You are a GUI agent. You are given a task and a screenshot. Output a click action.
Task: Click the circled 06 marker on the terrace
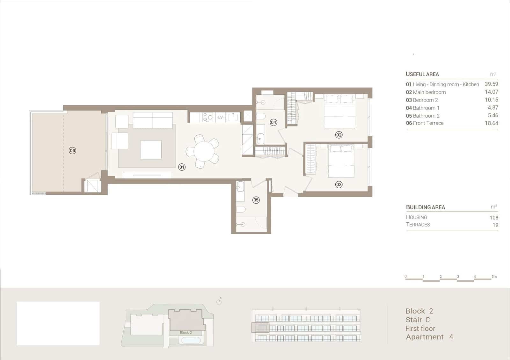click(72, 150)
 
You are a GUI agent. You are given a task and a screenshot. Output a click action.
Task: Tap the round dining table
click(204, 152)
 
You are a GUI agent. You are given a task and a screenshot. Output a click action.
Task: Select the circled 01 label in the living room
click(182, 167)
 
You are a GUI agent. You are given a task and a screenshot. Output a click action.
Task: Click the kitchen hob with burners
click(208, 117)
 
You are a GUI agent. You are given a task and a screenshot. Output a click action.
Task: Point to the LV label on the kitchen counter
click(220, 117)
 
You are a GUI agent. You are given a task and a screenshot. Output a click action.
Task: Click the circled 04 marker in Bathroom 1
click(273, 122)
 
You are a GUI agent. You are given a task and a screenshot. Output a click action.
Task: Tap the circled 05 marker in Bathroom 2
click(256, 200)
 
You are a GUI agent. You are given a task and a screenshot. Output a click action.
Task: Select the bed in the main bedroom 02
click(339, 112)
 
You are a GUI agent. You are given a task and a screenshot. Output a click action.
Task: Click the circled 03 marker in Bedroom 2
click(339, 184)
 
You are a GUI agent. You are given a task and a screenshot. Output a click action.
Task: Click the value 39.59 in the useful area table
click(491, 84)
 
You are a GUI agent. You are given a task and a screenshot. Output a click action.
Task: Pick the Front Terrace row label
click(425, 123)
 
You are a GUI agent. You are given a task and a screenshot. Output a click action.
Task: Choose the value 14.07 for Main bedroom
click(491, 92)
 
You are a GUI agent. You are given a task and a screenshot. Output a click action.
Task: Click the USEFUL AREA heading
click(422, 74)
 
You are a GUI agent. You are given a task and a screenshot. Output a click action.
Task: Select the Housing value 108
click(494, 218)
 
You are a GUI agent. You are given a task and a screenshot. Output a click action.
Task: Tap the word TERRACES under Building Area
click(418, 225)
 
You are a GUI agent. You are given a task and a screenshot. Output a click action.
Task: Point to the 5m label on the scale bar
click(494, 277)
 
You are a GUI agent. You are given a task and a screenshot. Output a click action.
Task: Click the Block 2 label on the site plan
click(186, 332)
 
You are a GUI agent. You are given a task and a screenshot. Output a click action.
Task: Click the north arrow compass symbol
click(219, 301)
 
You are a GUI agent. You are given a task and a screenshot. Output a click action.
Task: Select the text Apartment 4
click(429, 337)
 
